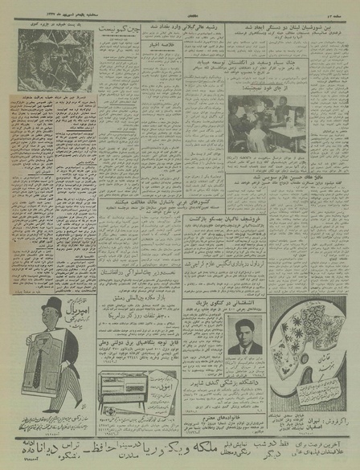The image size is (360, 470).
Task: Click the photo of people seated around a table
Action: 267,125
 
